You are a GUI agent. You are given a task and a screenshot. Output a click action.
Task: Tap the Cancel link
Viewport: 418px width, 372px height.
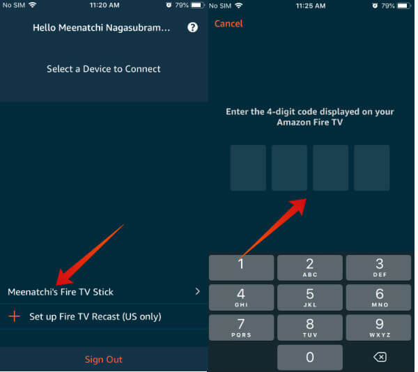pos(229,24)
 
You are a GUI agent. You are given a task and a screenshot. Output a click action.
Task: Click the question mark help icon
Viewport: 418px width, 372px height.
pos(193,28)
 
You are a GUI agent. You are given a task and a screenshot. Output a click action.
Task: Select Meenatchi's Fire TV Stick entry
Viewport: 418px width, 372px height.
pos(61,292)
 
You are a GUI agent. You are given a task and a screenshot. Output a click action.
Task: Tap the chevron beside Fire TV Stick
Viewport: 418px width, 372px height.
pos(197,291)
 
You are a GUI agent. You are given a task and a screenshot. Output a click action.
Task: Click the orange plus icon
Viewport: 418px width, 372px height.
pos(14,316)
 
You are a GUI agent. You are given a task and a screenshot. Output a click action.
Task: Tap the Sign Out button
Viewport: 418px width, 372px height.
pos(103,359)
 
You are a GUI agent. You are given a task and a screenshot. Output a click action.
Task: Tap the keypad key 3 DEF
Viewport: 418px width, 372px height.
pos(379,268)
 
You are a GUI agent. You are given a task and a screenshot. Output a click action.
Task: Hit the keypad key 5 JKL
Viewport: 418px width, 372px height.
pos(310,297)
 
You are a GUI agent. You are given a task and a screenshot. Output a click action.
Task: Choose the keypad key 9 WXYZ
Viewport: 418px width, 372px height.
pos(379,327)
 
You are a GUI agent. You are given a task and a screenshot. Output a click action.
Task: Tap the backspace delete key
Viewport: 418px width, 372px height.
pos(379,357)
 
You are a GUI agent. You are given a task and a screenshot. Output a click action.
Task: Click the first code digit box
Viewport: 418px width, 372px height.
pos(248,168)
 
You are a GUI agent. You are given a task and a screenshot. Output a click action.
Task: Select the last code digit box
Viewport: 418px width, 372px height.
pos(371,168)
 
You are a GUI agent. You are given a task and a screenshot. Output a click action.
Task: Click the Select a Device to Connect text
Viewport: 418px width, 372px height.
pos(104,69)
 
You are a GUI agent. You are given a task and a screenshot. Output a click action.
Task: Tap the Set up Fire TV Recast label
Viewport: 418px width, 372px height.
pos(95,316)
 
